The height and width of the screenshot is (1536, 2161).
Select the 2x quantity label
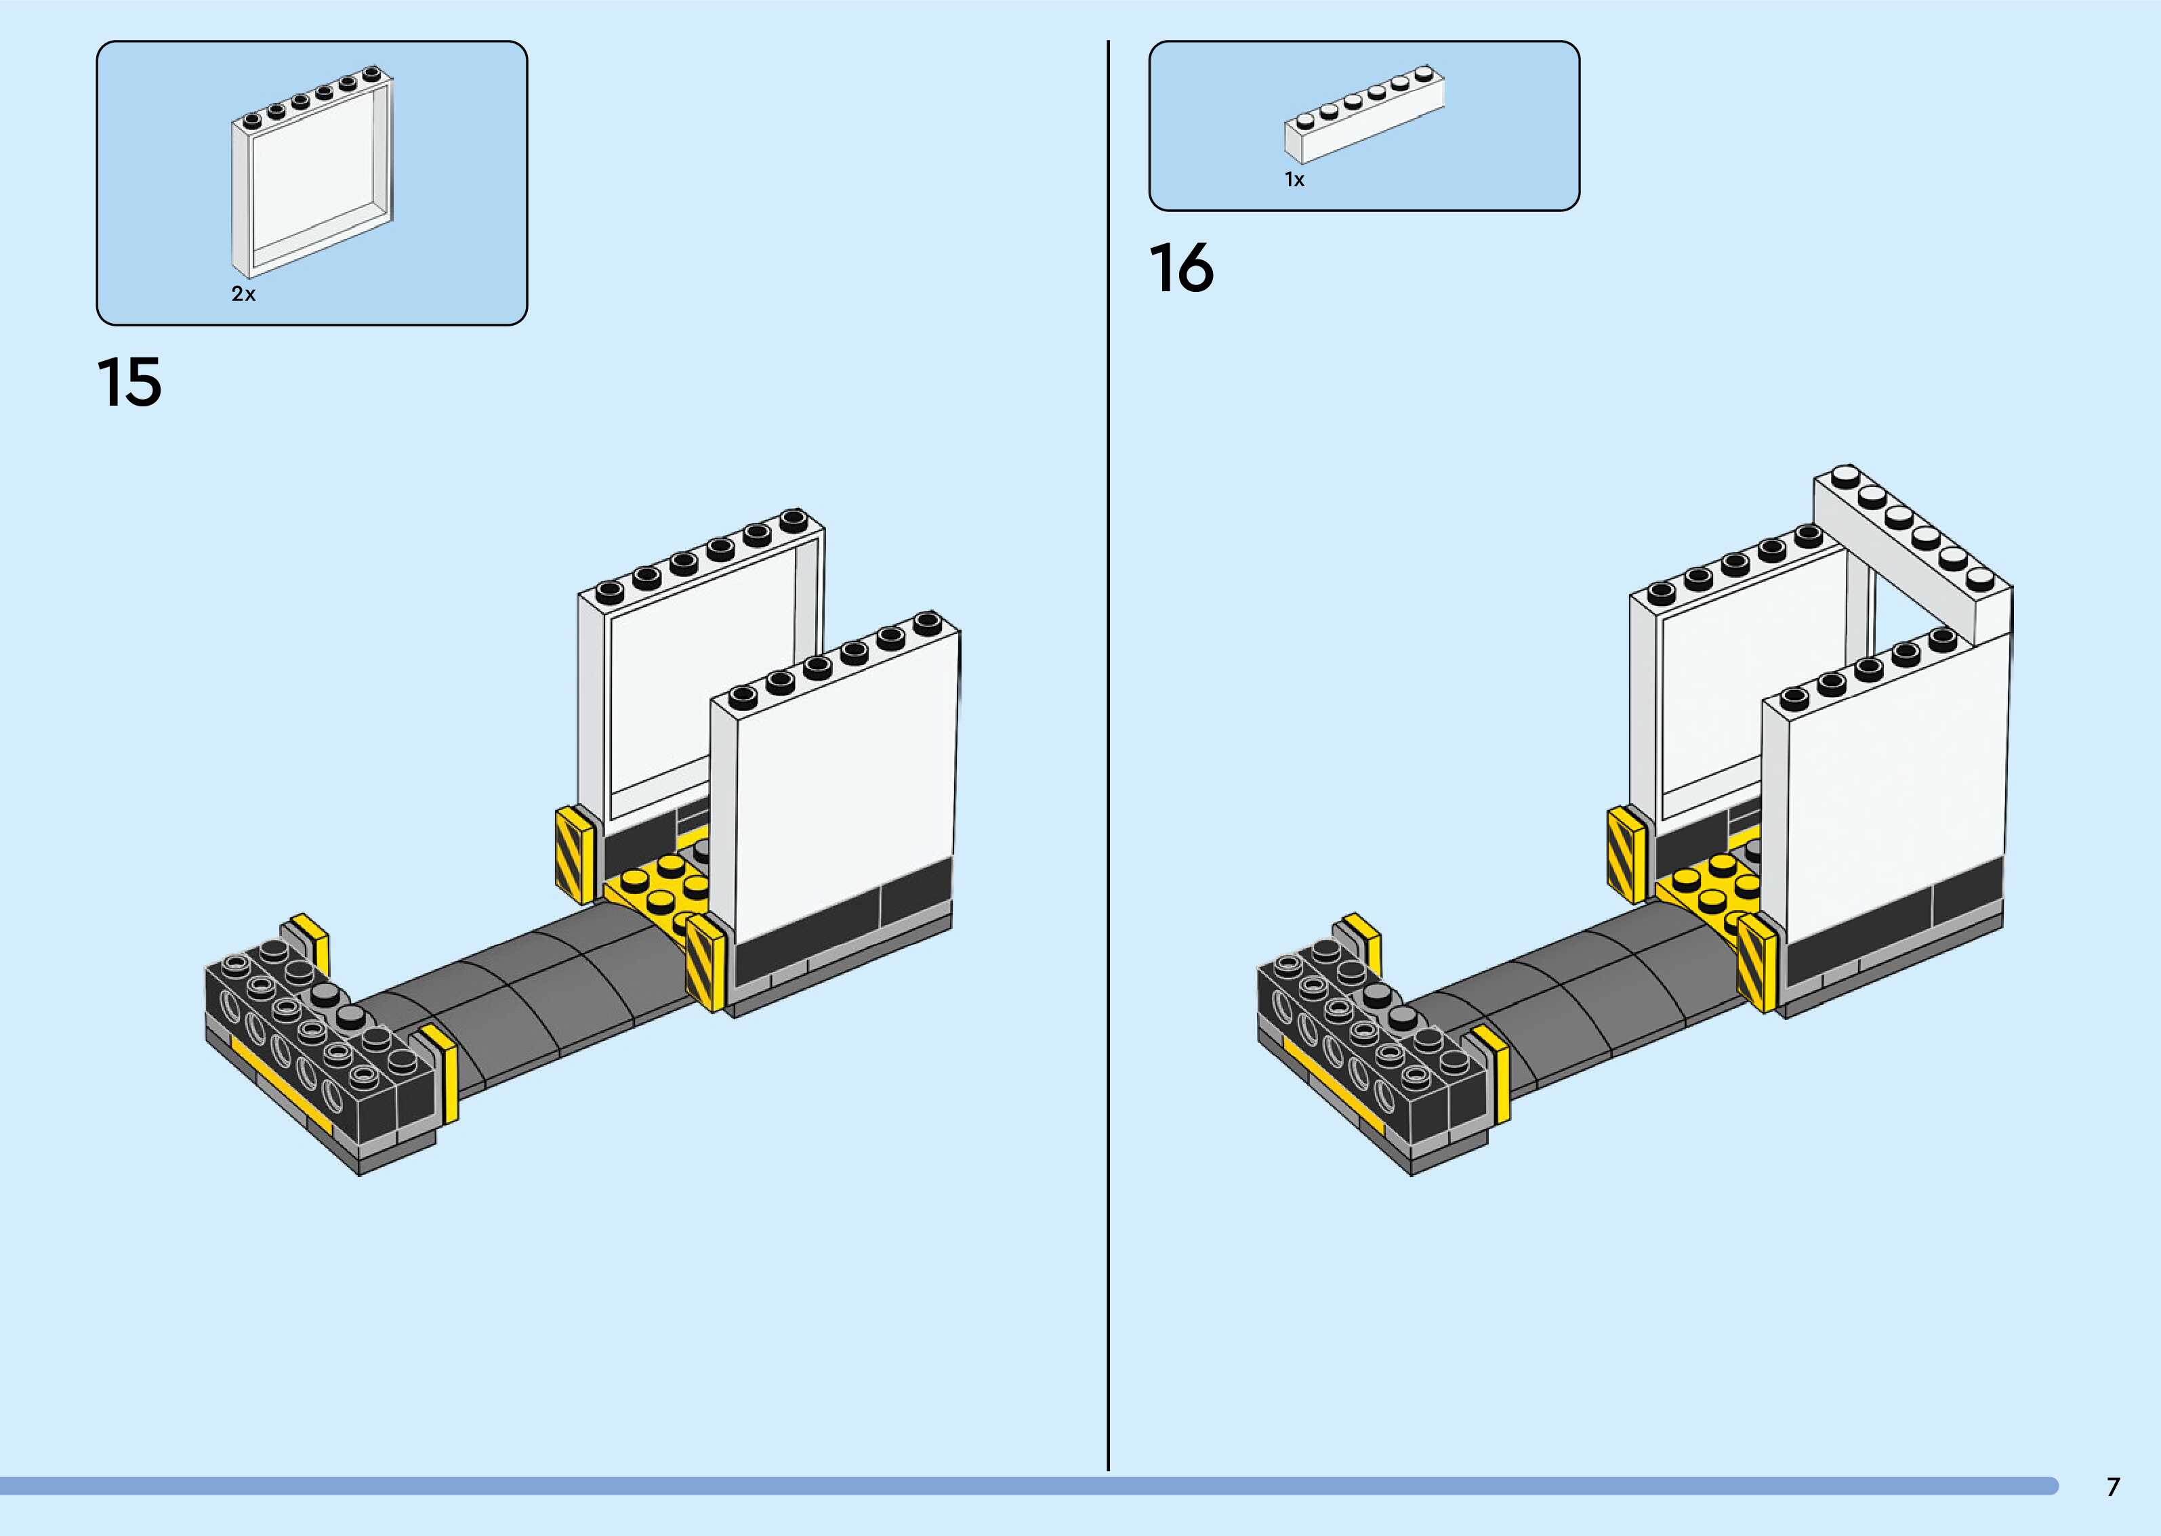click(x=243, y=294)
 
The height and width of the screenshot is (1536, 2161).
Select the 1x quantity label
click(x=1294, y=179)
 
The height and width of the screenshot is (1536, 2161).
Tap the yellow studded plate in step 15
click(x=662, y=889)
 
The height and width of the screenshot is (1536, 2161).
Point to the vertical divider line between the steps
click(x=1108, y=756)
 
